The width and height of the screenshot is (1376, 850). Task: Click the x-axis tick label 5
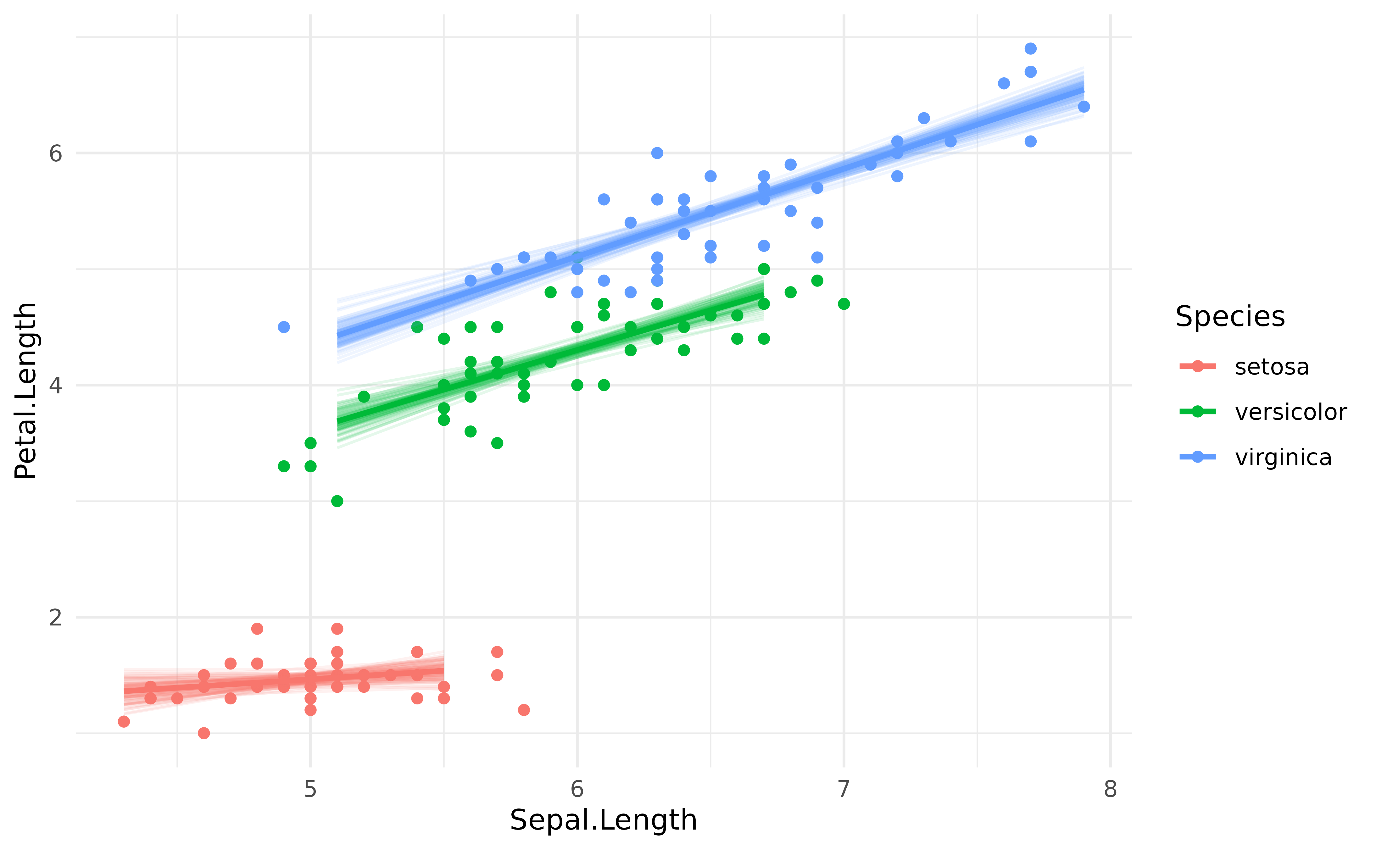(x=310, y=789)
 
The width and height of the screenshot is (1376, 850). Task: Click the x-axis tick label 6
(x=577, y=789)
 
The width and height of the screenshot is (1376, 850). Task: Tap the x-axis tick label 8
(x=1110, y=789)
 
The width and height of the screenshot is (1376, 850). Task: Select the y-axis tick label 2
(x=55, y=617)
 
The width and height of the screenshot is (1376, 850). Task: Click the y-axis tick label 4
(x=55, y=386)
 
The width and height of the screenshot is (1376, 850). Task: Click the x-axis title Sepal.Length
(x=603, y=819)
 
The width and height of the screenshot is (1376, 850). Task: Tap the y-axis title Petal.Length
(x=26, y=391)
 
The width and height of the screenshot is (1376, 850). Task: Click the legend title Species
(x=1230, y=316)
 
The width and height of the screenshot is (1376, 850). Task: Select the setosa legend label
(x=1272, y=367)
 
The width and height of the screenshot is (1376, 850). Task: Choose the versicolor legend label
(x=1290, y=412)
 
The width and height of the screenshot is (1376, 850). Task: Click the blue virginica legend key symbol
(x=1197, y=457)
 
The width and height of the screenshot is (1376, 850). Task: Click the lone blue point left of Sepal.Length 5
(x=284, y=327)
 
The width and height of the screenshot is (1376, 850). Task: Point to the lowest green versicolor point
(x=337, y=501)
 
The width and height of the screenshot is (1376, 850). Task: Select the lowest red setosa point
(x=204, y=733)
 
